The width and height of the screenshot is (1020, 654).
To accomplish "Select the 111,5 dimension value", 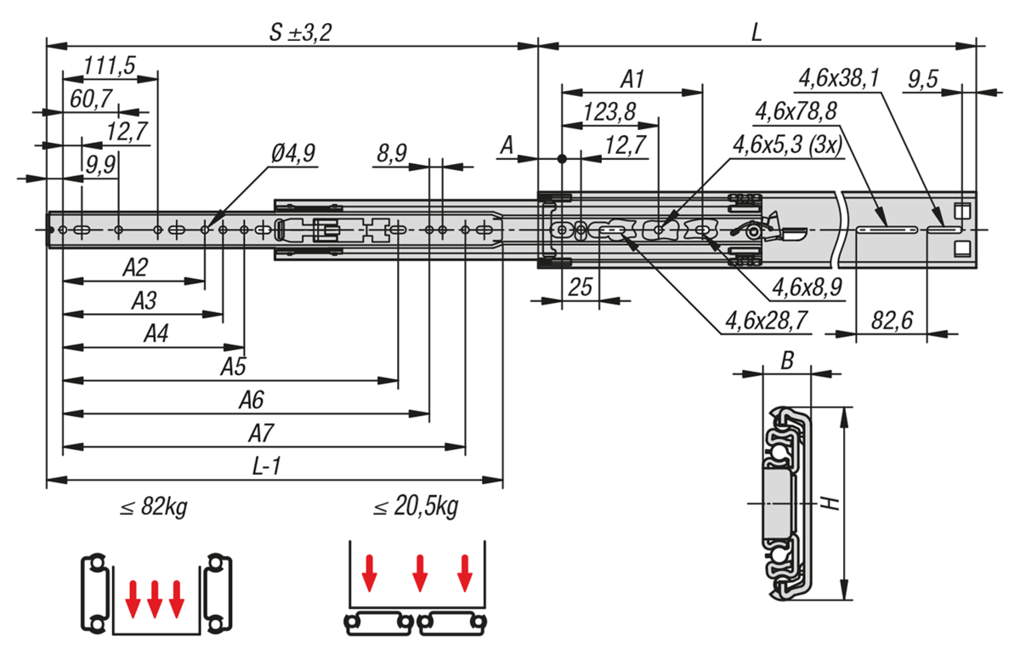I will click(x=110, y=65).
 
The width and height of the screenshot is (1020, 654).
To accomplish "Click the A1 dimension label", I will click(x=632, y=79).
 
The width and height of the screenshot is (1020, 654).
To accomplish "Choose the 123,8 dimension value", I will click(x=610, y=111).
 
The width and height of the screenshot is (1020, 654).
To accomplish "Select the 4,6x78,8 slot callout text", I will click(x=796, y=111).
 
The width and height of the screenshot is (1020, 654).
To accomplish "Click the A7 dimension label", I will click(x=261, y=434).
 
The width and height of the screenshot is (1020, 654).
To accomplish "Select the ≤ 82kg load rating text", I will click(x=154, y=508).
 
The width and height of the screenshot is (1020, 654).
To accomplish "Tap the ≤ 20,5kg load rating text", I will click(x=416, y=508).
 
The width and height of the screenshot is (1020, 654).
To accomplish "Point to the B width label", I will click(x=787, y=361).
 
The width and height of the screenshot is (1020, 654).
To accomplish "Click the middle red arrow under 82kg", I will click(x=155, y=598).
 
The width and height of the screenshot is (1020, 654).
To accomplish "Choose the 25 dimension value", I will click(x=581, y=287).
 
